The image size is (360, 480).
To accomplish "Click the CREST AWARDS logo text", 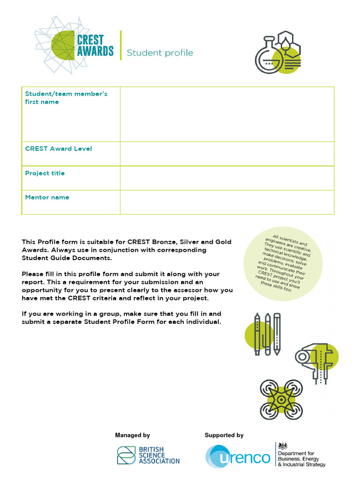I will [x=95, y=45].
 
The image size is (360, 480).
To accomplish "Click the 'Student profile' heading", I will [x=160, y=53].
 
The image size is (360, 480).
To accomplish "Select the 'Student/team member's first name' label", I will [x=66, y=97].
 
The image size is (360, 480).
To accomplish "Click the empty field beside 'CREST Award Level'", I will [x=227, y=154].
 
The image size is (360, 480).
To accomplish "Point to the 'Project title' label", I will [x=45, y=173].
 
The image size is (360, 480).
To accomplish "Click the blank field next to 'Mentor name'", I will [x=227, y=202].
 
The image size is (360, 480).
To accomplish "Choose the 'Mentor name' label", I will [x=47, y=197].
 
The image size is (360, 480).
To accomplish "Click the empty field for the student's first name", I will [x=227, y=114].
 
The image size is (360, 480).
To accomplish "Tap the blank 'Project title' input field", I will [x=227, y=178].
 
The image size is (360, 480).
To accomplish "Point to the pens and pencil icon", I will [x=266, y=334].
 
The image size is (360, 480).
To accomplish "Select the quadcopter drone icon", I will [x=281, y=399].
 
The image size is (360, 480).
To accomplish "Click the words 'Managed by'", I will [x=133, y=435].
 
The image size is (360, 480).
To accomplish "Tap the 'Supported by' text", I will [x=224, y=435].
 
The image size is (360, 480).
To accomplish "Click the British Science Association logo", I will [x=148, y=455].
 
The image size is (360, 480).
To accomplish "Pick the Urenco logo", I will [x=238, y=457].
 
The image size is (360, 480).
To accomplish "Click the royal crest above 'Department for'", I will [x=283, y=446].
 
